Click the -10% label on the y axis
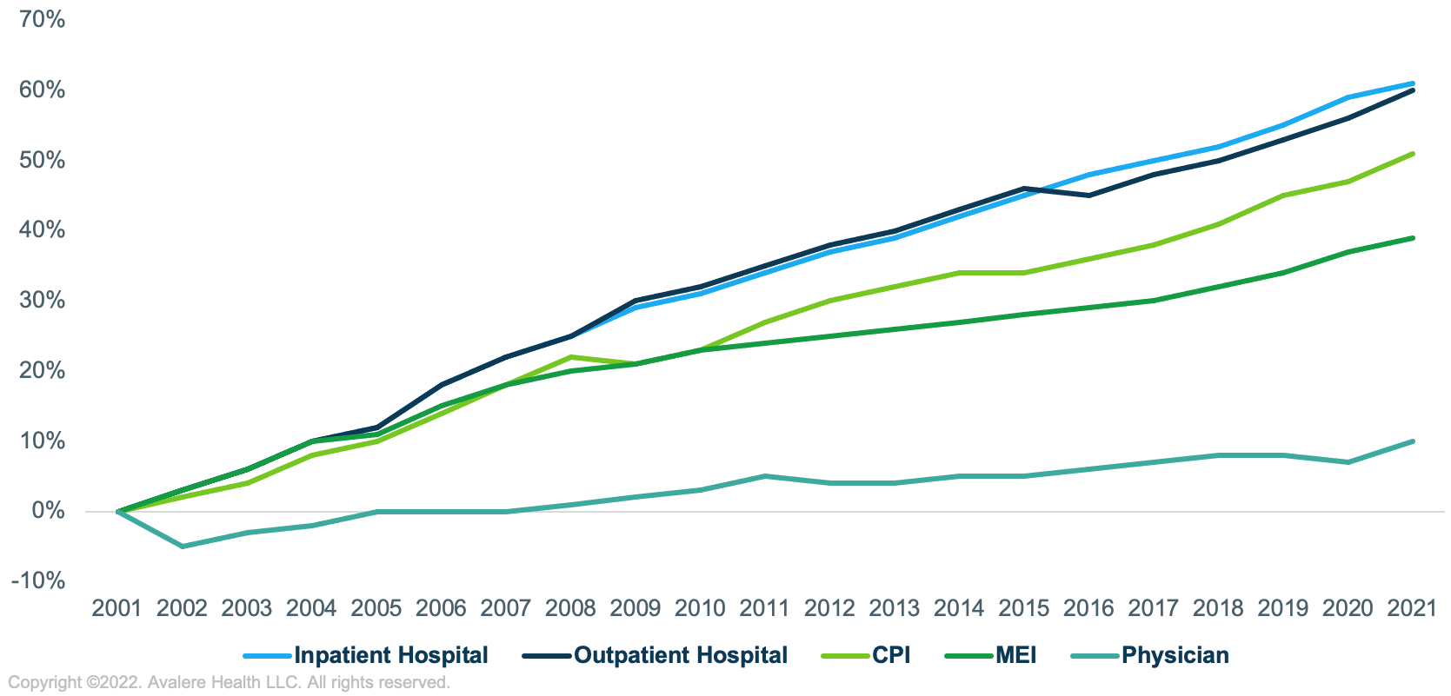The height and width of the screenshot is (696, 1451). pyautogui.click(x=38, y=580)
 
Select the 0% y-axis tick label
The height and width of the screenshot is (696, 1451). pyautogui.click(x=49, y=511)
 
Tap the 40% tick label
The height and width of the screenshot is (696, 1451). pyautogui.click(x=42, y=230)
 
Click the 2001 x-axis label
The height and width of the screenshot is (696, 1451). pyautogui.click(x=116, y=608)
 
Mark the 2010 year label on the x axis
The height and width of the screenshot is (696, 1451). pyautogui.click(x=700, y=608)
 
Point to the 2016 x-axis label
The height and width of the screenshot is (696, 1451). pyautogui.click(x=1088, y=608)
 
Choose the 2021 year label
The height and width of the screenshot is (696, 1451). pyautogui.click(x=1412, y=608)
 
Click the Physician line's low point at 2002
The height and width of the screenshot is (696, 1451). pyautogui.click(x=183, y=547)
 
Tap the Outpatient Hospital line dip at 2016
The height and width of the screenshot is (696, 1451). pyautogui.click(x=1089, y=196)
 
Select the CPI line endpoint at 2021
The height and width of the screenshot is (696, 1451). pyautogui.click(x=1413, y=154)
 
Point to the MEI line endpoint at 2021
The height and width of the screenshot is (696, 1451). pyautogui.click(x=1413, y=238)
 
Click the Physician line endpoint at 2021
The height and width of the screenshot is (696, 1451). pyautogui.click(x=1413, y=441)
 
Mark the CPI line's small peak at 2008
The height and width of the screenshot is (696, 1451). pyautogui.click(x=571, y=357)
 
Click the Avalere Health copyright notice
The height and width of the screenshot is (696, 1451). pyautogui.click(x=229, y=683)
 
